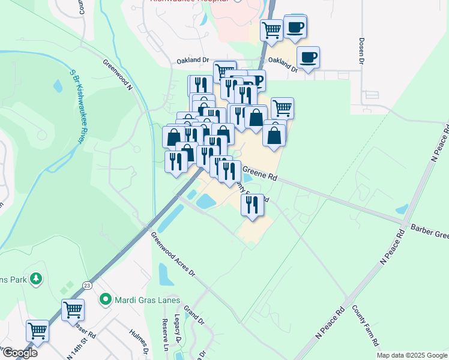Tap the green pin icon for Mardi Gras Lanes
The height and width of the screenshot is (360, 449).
click(106, 298)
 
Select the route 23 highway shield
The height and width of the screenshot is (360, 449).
click(87, 286)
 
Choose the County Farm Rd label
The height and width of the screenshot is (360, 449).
click(365, 325)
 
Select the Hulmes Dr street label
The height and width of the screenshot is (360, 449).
click(139, 340)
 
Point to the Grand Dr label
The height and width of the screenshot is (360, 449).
click(194, 316)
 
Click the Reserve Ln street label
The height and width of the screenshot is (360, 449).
click(164, 338)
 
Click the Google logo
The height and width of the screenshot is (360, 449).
click(19, 352)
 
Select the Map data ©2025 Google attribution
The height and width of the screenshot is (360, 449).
click(412, 355)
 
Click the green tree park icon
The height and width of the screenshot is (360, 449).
click(37, 278)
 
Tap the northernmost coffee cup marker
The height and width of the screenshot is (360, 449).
click(295, 27)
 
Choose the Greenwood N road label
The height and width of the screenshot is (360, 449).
click(118, 73)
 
